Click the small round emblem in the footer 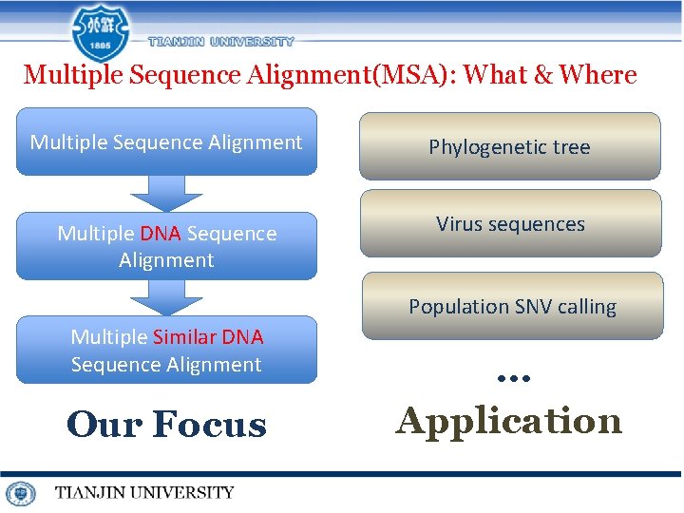[x=20, y=493]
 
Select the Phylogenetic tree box [x=509, y=146]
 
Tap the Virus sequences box [x=510, y=224]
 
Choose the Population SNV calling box [x=512, y=306]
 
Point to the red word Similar [x=184, y=337]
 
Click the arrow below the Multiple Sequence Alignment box [x=166, y=193]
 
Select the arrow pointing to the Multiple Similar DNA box [x=166, y=296]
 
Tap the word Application [x=509, y=420]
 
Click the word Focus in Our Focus [x=210, y=424]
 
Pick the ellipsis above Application [x=513, y=377]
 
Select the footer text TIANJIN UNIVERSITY [x=143, y=492]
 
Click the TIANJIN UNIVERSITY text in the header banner [x=221, y=42]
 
